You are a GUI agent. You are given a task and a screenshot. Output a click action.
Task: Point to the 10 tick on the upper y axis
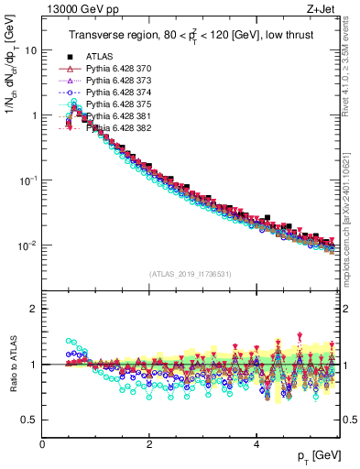(29, 50)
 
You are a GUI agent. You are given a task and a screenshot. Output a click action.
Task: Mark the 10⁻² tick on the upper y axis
(27, 245)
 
